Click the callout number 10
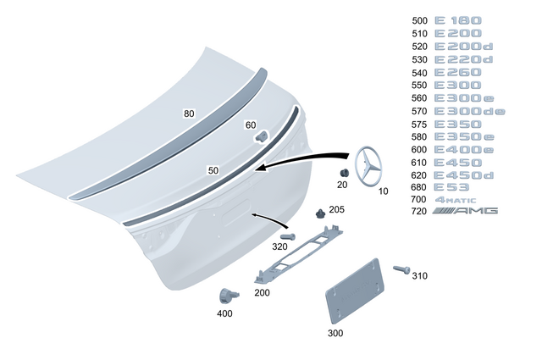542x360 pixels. (x=383, y=191)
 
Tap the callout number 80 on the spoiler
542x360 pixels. (x=189, y=113)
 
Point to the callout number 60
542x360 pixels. (x=250, y=125)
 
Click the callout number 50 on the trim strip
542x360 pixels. (x=213, y=170)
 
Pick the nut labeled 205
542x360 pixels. (x=319, y=212)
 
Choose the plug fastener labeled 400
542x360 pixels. (x=226, y=295)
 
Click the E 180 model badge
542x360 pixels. (x=457, y=20)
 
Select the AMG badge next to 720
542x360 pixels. (x=466, y=210)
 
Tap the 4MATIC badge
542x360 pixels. (x=457, y=199)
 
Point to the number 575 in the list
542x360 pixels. (x=419, y=124)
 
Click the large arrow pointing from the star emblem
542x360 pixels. (x=305, y=161)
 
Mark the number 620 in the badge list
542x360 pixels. (x=419, y=175)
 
